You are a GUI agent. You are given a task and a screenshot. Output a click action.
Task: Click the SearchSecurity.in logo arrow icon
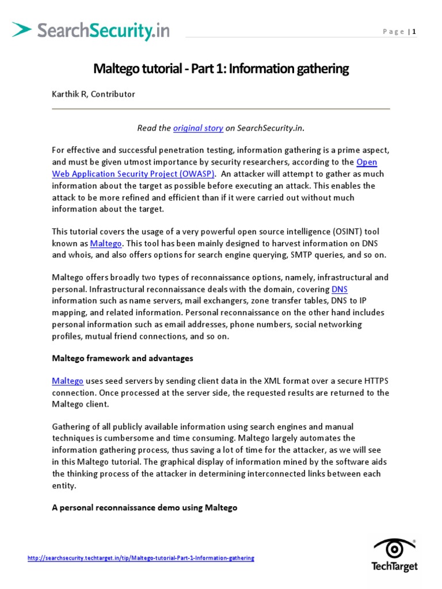click(22, 29)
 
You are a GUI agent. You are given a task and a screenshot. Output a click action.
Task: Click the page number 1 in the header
click(413, 32)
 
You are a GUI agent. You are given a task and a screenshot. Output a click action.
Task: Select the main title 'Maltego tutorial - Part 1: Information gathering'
click(221, 69)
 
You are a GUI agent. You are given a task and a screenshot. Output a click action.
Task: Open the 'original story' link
click(198, 128)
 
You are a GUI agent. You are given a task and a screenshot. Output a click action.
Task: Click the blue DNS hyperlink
click(340, 289)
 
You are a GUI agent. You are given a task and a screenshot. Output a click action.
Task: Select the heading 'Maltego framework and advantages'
click(122, 358)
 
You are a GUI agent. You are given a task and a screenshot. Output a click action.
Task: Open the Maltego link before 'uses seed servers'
click(67, 381)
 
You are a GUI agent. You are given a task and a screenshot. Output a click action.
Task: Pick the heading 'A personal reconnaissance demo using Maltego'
click(144, 508)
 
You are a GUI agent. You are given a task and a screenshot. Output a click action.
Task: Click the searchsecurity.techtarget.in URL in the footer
click(141, 558)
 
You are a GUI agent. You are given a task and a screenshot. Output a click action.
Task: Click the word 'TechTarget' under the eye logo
click(395, 567)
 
